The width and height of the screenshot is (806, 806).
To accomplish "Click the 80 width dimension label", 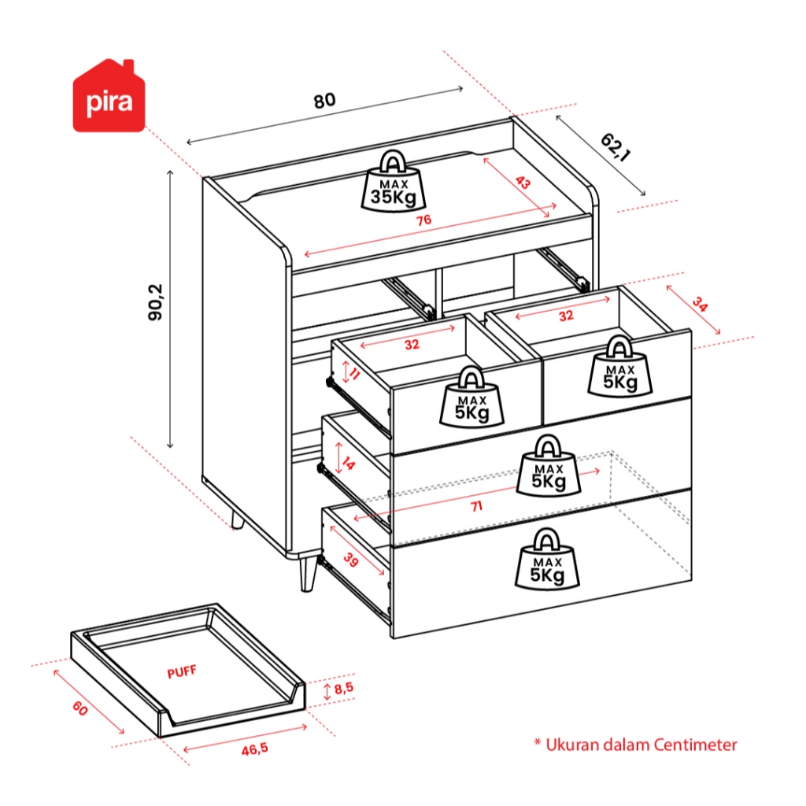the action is coord(324,100).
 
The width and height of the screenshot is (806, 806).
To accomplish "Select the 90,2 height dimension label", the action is coord(155,302).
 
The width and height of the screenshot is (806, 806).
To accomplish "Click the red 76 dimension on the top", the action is coord(423,220).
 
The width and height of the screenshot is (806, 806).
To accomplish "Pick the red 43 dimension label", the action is coord(523,183).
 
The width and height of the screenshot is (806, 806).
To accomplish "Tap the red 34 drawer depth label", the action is coord(700,304).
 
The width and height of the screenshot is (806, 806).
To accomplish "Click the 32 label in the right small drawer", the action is coord(566,316).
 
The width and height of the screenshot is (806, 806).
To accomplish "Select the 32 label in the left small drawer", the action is coord(412,345).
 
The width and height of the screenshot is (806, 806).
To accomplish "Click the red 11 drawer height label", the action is coord(354,374).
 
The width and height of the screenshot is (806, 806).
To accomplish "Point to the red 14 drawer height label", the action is coord(348,464).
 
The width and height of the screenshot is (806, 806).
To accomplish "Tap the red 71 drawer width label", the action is coord(476,507).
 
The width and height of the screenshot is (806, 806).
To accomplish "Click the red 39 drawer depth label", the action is coord(350,560).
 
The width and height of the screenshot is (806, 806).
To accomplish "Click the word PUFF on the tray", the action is coord(182,672).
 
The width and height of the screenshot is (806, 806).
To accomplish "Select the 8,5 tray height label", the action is coord(343,688).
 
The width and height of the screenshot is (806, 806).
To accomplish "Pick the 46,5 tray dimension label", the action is coord(255,749).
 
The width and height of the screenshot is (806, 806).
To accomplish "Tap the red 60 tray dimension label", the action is coord(80,709).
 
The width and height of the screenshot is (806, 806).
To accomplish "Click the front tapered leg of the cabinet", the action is coord(308,573).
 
